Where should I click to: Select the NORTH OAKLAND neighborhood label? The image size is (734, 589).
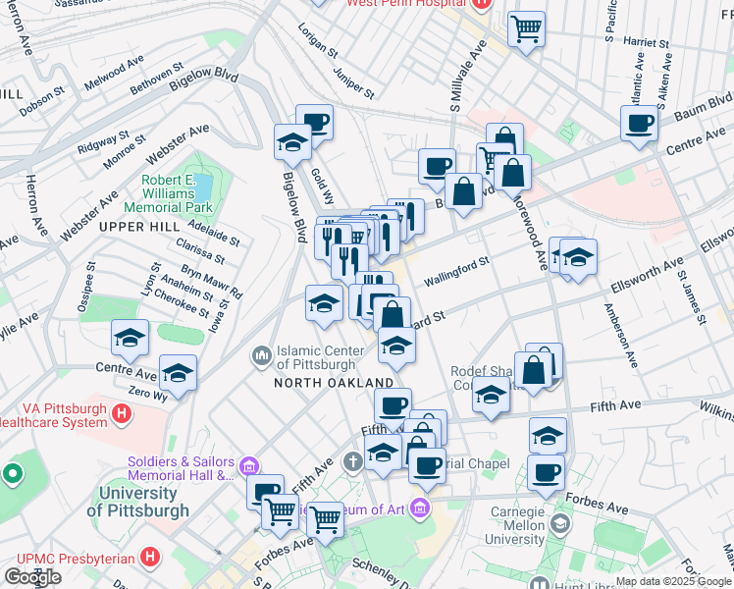click(x=334, y=383)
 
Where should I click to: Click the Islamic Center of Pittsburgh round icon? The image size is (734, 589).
click(x=262, y=353)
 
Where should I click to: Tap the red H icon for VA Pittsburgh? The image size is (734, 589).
click(x=121, y=415)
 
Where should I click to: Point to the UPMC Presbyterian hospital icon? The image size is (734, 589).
click(x=149, y=557)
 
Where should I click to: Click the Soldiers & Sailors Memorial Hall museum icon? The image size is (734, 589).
click(x=249, y=463)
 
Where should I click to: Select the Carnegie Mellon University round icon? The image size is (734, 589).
click(x=558, y=524)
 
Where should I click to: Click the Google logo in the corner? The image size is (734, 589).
click(x=32, y=576)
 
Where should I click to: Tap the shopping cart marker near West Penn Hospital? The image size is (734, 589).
click(x=527, y=29)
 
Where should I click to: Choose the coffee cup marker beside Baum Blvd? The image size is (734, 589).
click(x=639, y=124)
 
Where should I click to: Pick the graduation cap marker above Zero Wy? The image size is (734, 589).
click(x=178, y=373)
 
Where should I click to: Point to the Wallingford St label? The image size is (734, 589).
click(x=456, y=272)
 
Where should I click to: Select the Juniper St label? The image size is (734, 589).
click(x=353, y=81)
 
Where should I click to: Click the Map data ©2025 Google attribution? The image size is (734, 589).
click(x=674, y=581)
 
